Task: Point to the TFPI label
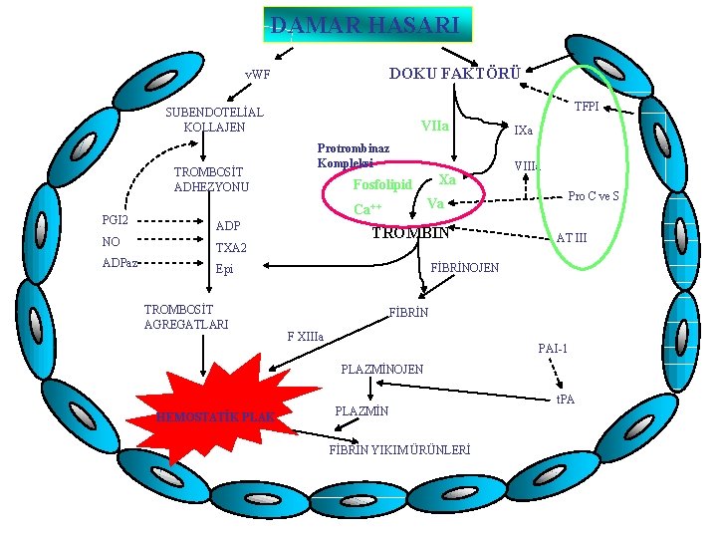coord(587,107)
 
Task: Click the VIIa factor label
coord(435,127)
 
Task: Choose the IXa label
coord(523,131)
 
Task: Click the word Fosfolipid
coord(382,184)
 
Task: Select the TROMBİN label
coord(410,233)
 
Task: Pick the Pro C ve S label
coord(595,196)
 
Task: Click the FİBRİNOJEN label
coord(465,268)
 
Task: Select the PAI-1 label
coord(553,349)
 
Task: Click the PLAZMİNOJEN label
coord(381,370)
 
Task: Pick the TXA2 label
coord(232,247)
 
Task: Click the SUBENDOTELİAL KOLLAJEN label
coord(213,120)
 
